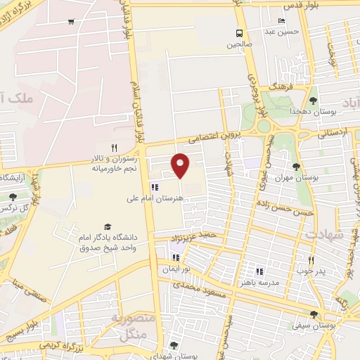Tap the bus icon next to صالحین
[240, 33]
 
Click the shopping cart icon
[71, 21]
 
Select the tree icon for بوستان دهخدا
[313, 101]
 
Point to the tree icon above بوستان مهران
[295, 167]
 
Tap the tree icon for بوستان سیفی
[313, 314]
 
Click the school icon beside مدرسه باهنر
[259, 271]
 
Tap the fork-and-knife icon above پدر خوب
[310, 259]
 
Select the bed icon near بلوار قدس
[282, 20]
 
